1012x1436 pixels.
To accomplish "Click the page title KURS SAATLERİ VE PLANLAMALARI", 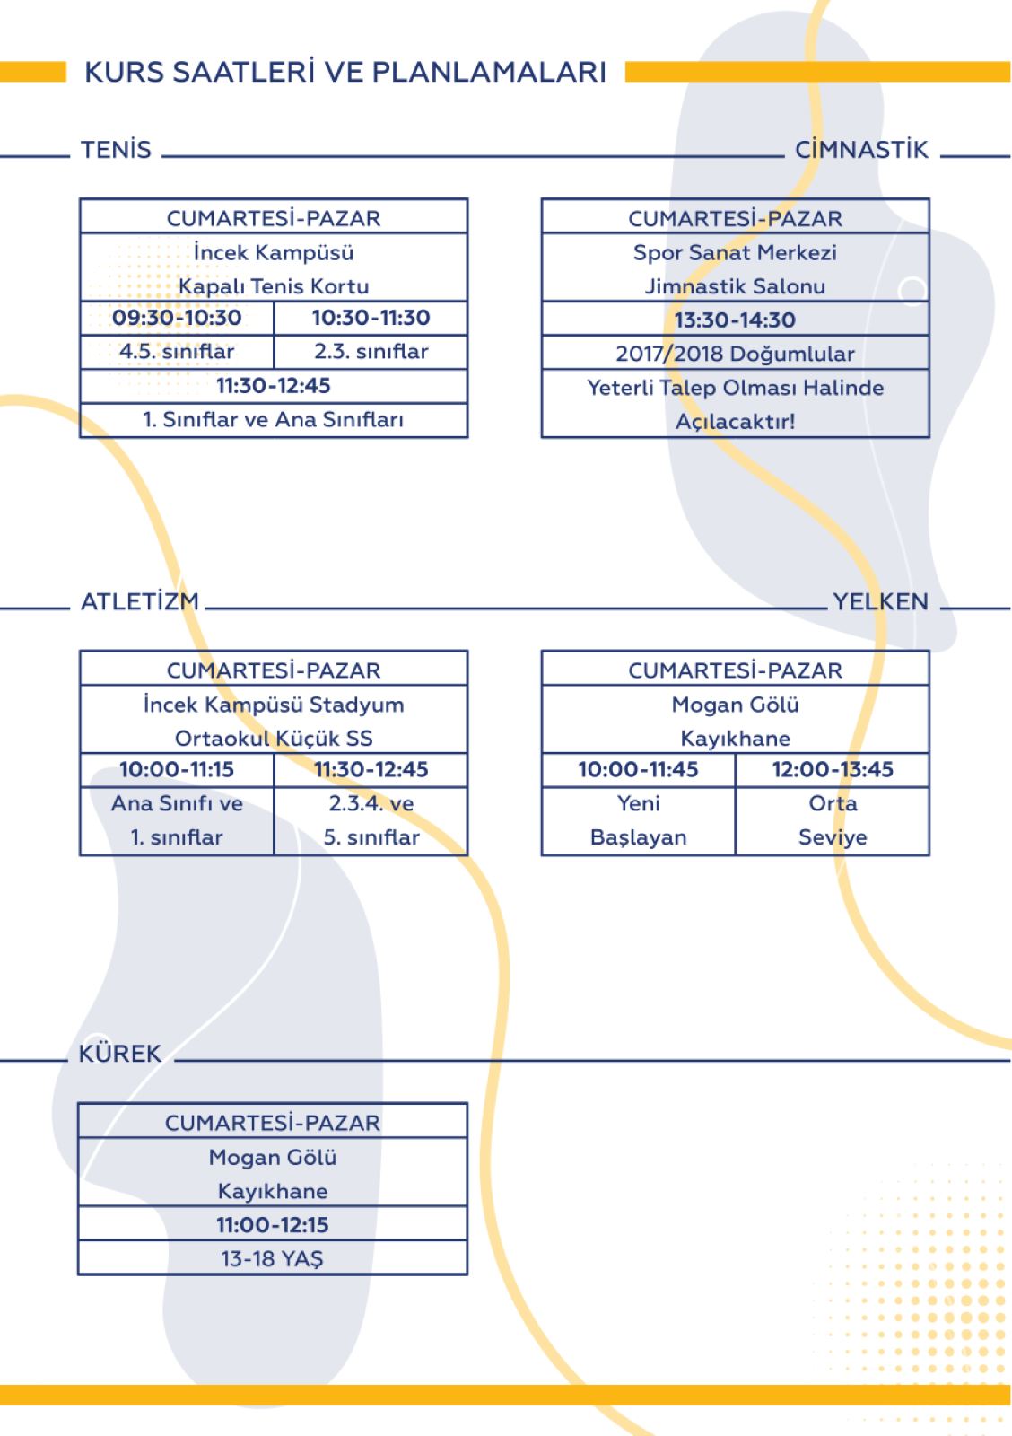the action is pos(345,71).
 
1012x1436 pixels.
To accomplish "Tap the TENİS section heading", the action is pos(116,149).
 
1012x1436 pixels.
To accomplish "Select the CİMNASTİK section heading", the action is pos(861,149).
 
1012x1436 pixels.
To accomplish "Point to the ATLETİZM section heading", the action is pos(140,601).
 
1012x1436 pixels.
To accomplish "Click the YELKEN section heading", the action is pos(880,601).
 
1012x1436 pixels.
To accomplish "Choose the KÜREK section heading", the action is pos(120,1054).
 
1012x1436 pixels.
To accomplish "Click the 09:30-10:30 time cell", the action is pos(177,318).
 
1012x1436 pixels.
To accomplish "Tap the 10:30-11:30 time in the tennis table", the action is pos(371,318).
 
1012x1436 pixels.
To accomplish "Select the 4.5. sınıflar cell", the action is pos(177,351).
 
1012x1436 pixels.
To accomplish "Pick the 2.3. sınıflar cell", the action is pos(371,351).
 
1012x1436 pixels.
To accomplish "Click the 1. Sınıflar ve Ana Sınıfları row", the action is pos(274,419).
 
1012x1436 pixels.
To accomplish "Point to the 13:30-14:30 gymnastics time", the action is pos(735,320).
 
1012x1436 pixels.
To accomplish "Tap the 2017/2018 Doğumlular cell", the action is pos(735,354).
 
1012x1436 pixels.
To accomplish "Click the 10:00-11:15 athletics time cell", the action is pos(177,768).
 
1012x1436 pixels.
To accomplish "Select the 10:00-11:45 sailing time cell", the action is pos(639,768).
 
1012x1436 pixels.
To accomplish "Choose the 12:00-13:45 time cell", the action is pos(833,768).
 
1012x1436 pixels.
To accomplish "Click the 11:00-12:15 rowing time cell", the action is pos(273,1224).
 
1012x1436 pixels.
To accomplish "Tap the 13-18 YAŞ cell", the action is pos(273,1259).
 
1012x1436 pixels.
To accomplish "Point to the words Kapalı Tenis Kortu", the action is pos(274,286).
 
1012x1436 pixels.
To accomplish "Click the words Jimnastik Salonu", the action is pos(735,286).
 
